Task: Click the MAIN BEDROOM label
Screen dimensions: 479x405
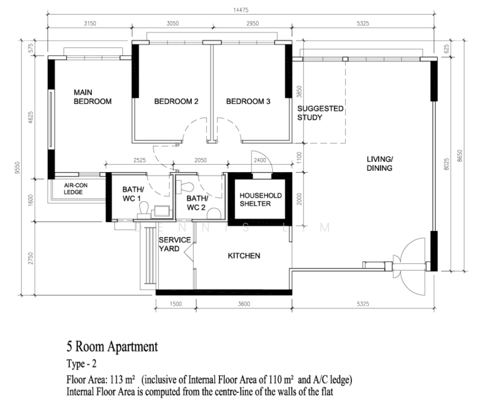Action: (93, 97)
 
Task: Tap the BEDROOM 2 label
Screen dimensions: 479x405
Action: (176, 101)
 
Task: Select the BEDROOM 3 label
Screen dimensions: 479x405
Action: (248, 101)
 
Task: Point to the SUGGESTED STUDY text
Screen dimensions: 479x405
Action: (320, 113)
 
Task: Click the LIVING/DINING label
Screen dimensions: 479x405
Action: (380, 163)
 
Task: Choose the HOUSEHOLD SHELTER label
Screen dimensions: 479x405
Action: (261, 200)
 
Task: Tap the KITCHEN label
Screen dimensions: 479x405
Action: (244, 256)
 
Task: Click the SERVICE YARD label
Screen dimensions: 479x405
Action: (174, 244)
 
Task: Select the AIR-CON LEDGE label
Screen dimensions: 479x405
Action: (76, 188)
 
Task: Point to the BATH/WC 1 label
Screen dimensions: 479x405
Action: (133, 194)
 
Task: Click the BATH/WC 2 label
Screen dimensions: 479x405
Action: (197, 203)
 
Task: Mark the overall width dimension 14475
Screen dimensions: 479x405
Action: (241, 10)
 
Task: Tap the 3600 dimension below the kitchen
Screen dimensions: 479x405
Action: (244, 304)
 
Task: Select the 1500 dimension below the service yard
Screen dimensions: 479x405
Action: (176, 304)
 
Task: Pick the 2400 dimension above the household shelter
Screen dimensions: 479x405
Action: (260, 160)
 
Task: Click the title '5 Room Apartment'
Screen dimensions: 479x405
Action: (112, 347)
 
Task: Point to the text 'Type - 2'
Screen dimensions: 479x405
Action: (82, 364)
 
